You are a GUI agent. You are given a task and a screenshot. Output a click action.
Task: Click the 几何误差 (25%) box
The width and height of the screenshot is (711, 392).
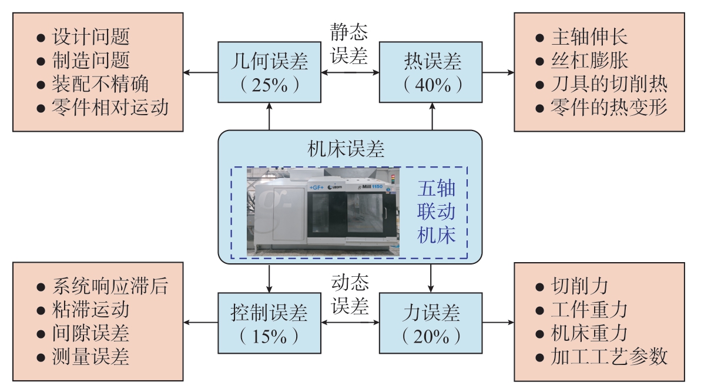coord(269,72)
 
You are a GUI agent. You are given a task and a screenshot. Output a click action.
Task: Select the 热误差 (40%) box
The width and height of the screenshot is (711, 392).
coord(431,72)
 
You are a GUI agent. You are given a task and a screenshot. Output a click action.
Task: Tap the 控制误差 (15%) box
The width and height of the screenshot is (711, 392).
coord(269,323)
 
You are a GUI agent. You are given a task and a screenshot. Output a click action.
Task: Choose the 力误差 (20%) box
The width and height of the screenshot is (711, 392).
coord(431,323)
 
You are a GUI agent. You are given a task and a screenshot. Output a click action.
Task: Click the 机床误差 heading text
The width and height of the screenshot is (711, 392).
coord(346,149)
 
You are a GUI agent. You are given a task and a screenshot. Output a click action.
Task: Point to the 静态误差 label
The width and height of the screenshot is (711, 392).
coord(349,43)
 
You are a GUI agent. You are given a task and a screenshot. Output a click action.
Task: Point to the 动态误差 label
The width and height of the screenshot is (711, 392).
coord(350,294)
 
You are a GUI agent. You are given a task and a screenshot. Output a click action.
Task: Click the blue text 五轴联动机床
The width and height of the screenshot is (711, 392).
coord(436,212)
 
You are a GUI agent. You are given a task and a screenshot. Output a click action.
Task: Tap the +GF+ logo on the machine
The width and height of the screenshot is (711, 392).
coord(316,187)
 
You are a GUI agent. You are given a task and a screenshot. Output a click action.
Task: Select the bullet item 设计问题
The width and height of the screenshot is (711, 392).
coord(83,37)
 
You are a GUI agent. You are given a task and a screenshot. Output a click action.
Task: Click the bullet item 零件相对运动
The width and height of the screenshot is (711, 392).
coord(102,108)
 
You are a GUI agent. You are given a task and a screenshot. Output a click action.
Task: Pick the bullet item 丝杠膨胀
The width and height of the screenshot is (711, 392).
coord(582,61)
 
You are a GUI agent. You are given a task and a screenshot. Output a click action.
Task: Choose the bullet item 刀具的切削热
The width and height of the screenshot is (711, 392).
coord(601,84)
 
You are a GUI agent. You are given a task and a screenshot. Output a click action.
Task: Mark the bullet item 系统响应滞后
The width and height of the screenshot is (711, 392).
coord(102,286)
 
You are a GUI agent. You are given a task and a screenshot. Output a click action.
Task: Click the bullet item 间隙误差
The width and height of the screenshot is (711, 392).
coord(83,333)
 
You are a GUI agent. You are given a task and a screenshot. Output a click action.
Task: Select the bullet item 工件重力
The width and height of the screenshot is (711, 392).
coord(582,310)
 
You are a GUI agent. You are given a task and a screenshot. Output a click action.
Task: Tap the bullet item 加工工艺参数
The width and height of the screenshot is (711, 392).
coord(601,357)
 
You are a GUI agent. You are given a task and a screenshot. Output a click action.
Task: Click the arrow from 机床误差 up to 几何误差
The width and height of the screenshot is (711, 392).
coord(269,116)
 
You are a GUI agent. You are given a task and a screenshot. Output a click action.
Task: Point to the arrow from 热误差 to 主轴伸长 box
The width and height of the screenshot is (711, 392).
coord(498,72)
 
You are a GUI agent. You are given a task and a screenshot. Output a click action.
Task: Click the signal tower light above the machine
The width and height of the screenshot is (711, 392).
coord(394,179)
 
